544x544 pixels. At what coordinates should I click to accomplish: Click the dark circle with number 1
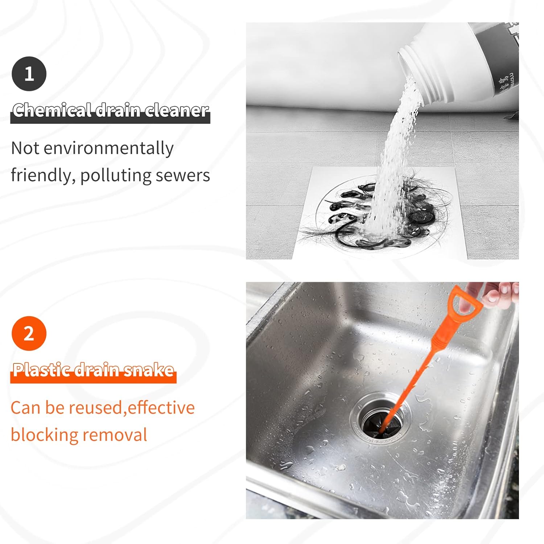pyautogui.click(x=29, y=74)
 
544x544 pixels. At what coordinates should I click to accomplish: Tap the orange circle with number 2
pyautogui.click(x=29, y=333)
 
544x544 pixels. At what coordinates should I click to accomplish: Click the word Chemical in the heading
pyautogui.click(x=52, y=110)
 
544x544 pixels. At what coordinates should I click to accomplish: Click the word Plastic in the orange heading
pyautogui.click(x=41, y=370)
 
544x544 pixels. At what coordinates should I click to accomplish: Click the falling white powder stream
pyautogui.click(x=395, y=152)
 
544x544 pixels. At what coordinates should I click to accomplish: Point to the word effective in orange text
pyautogui.click(x=161, y=408)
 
